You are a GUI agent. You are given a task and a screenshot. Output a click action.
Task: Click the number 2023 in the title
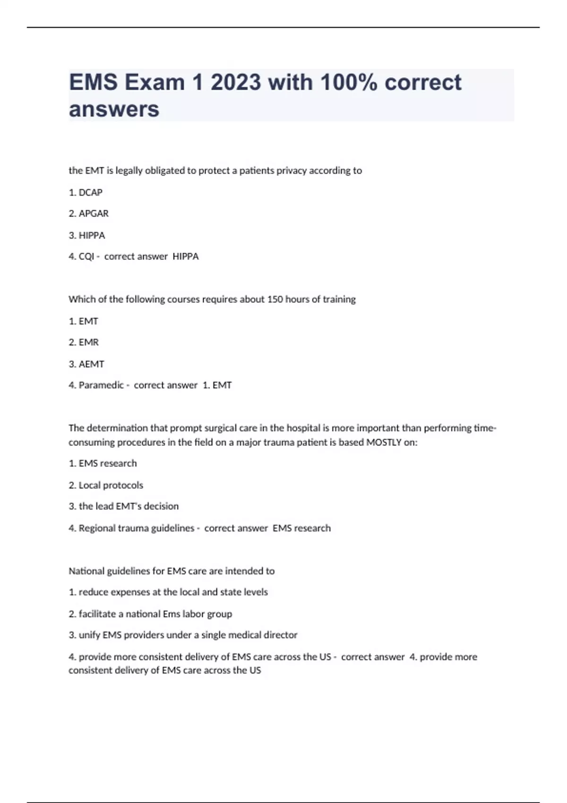[x=236, y=83]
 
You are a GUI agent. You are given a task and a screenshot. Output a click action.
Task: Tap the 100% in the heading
[x=349, y=83]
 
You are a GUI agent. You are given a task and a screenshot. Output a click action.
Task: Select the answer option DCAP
[x=90, y=192]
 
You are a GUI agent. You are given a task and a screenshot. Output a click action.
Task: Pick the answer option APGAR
[x=94, y=214]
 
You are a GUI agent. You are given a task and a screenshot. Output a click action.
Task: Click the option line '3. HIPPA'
[x=87, y=235]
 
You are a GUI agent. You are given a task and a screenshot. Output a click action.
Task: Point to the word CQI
[x=86, y=256]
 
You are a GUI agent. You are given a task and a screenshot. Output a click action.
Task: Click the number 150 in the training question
[x=275, y=299]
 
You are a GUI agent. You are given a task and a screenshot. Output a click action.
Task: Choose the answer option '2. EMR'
[x=84, y=342]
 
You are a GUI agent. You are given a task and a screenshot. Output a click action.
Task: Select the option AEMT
[x=91, y=364]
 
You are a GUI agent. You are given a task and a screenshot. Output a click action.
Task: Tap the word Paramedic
[x=101, y=385]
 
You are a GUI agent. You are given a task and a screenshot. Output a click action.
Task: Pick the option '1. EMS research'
[x=103, y=463]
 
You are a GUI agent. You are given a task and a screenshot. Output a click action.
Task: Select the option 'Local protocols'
[x=111, y=485]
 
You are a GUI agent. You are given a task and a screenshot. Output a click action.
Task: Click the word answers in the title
[x=114, y=110]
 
